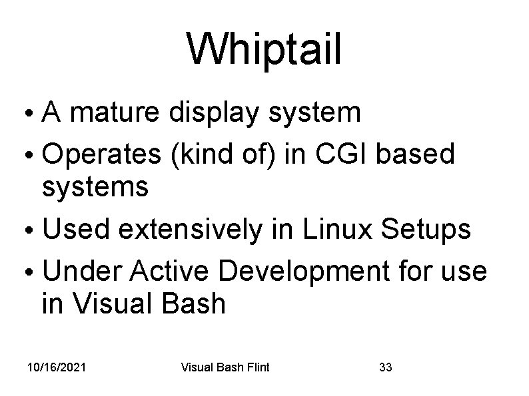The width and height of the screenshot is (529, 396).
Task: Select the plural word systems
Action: pos(95,189)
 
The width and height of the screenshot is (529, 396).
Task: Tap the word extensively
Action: pos(191,230)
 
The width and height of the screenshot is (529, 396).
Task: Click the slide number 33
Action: pos(385,367)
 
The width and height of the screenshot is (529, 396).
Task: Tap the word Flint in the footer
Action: pos(256,367)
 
